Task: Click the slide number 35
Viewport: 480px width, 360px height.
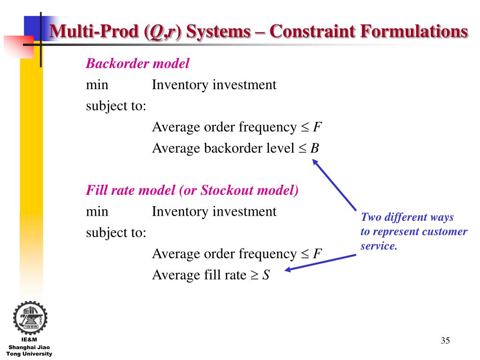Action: [x=445, y=340]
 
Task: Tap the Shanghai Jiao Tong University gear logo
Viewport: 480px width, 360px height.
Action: [x=30, y=317]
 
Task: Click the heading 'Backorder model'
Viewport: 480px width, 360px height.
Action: [x=137, y=64]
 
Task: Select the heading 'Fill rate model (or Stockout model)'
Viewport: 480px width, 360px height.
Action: [x=192, y=190]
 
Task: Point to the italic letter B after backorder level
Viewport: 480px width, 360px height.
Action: [x=315, y=149]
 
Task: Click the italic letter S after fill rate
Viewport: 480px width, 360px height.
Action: [x=266, y=275]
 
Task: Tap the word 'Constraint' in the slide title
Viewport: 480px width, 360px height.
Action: [x=309, y=32]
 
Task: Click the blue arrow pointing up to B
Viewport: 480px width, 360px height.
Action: [x=335, y=185]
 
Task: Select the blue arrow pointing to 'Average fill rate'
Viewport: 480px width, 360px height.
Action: [x=321, y=262]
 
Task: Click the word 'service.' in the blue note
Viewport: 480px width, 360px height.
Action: [x=379, y=246]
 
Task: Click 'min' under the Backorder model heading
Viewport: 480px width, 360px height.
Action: [x=97, y=85]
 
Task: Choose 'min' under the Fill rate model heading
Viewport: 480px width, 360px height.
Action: [x=97, y=211]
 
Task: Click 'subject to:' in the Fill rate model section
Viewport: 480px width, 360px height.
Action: [x=116, y=232]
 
